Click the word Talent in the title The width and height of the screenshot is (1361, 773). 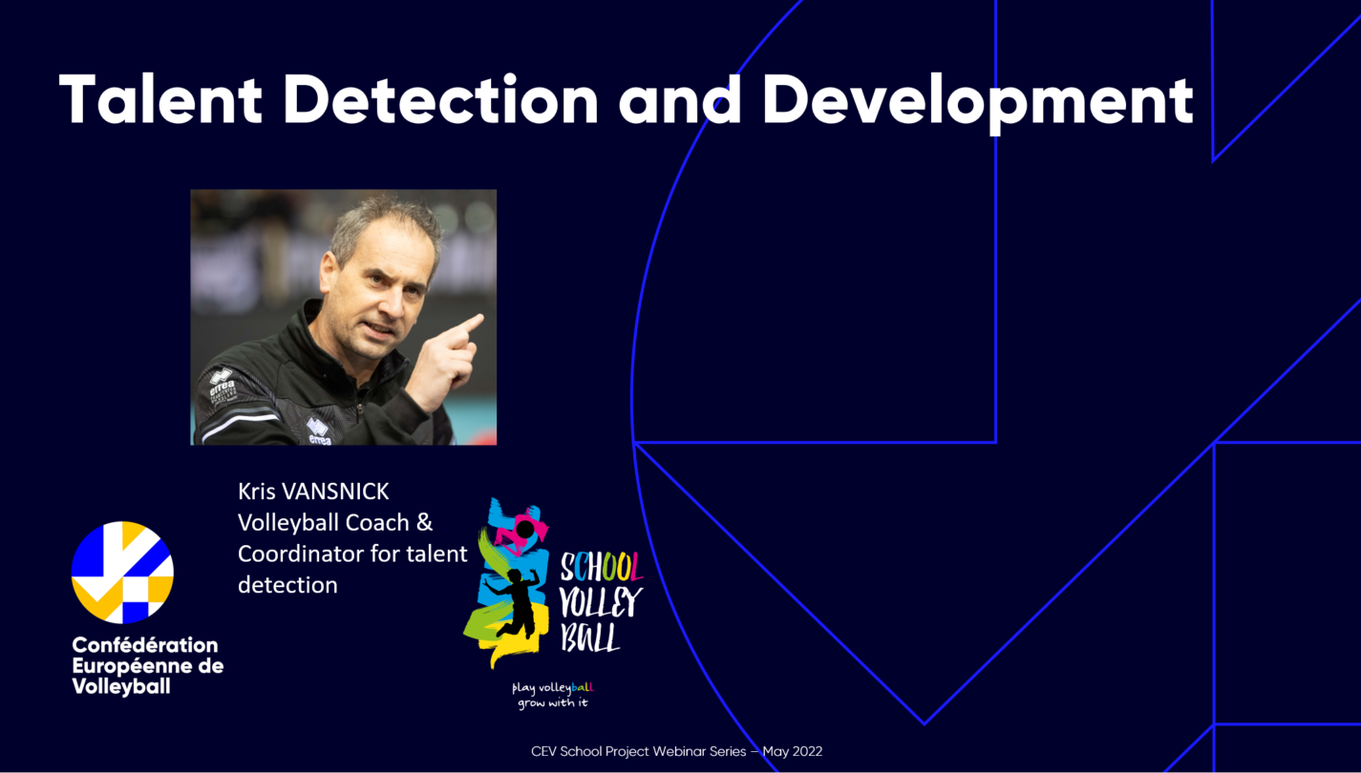point(160,99)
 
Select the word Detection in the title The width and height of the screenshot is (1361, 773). point(441,99)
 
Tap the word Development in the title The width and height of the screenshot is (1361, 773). point(978,103)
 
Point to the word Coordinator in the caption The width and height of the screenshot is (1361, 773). point(318,554)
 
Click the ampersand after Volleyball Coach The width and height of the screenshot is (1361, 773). point(424,522)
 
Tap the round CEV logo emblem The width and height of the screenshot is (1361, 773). point(123,572)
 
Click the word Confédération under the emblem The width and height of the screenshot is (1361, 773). point(144,644)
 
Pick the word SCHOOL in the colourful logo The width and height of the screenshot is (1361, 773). point(601,567)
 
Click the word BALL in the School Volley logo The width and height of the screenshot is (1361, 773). point(590,637)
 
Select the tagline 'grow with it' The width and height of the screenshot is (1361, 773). point(553,702)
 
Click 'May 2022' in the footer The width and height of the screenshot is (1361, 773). point(793,751)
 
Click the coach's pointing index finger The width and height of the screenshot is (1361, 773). point(467,324)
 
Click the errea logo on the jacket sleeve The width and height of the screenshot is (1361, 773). point(222,384)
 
